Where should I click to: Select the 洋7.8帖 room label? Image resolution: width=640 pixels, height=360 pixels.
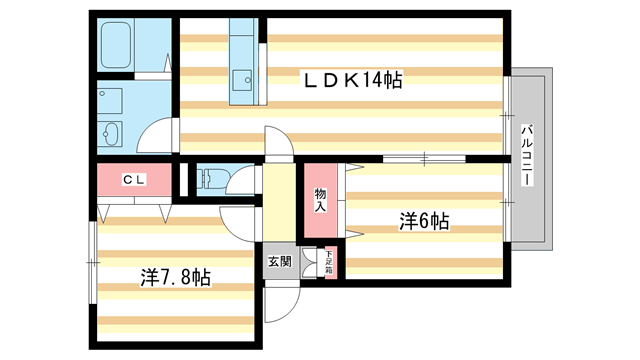[175, 277]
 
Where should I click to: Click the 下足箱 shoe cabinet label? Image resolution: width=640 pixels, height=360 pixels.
[328, 262]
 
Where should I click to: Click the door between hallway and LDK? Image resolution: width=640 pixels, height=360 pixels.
[279, 146]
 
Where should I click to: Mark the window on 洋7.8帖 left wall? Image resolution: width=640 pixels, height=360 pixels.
[92, 262]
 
